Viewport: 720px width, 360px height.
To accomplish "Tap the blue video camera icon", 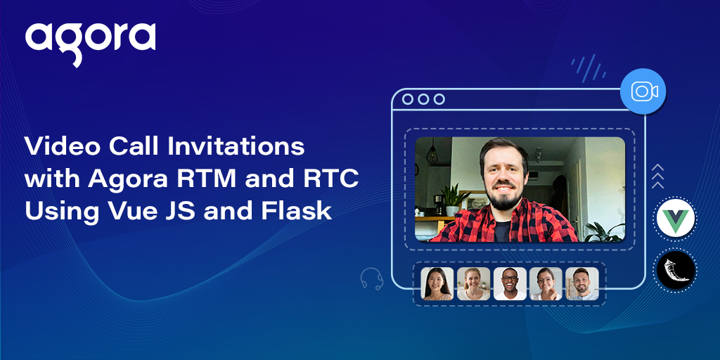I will click(643, 91).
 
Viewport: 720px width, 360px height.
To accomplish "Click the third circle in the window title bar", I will click(439, 99).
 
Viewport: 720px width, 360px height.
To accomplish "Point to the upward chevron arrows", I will click(657, 176).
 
